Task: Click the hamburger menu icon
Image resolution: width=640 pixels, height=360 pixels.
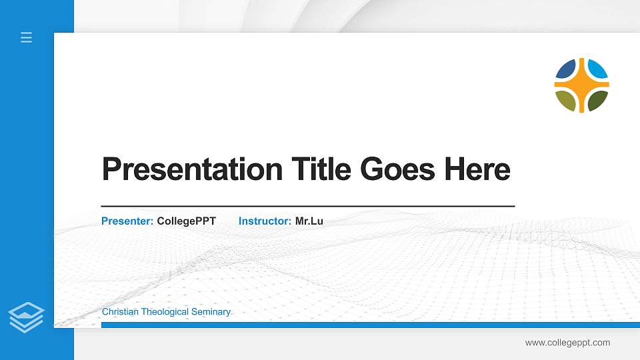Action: tap(26, 37)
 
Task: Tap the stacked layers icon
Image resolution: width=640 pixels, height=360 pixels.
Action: tap(26, 317)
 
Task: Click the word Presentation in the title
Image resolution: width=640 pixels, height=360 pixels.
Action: tap(192, 169)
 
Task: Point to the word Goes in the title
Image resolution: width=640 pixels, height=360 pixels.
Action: tap(397, 169)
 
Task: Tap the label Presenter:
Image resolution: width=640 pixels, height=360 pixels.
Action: tap(127, 221)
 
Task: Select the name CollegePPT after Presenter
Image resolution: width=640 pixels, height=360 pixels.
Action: tap(187, 221)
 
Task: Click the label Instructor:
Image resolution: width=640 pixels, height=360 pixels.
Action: tap(265, 221)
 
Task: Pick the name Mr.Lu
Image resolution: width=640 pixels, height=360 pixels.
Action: tap(309, 221)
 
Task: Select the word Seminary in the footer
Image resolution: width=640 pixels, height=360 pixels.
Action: tap(213, 312)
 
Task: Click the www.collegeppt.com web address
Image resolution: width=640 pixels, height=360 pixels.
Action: tap(567, 343)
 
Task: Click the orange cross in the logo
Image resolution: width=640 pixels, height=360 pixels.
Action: tap(581, 85)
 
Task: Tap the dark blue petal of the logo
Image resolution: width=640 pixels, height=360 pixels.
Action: tap(567, 69)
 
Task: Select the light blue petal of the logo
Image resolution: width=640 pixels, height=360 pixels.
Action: tap(597, 69)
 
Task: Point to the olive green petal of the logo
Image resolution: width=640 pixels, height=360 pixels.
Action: tap(566, 101)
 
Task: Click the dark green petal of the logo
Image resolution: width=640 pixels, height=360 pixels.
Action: tap(597, 101)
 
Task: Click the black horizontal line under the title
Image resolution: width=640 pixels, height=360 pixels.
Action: tap(307, 207)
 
